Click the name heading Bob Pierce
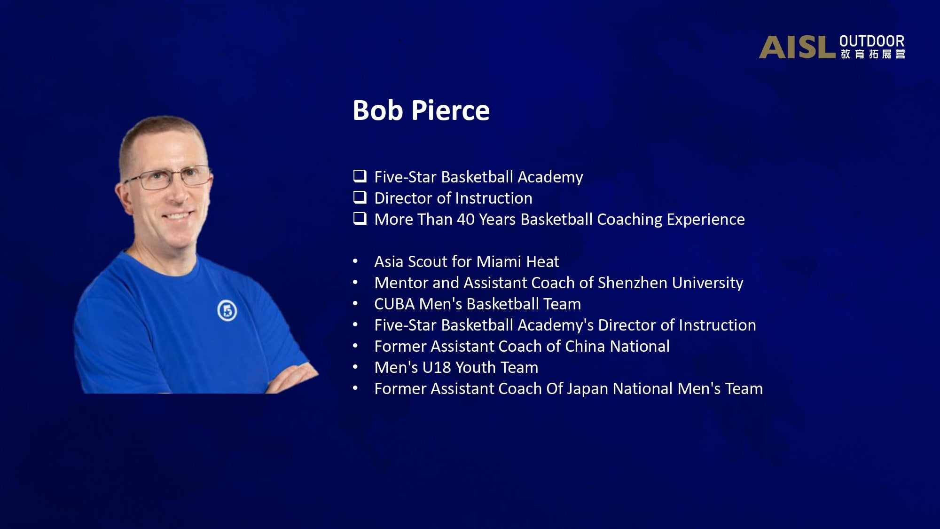[x=421, y=111]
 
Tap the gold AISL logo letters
[x=797, y=47]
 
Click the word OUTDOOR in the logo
[x=872, y=41]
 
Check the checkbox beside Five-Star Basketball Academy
[x=360, y=176]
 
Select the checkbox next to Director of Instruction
[x=360, y=197]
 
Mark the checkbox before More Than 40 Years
[x=360, y=219]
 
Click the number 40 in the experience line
[x=466, y=220]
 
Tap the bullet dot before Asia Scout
[x=356, y=261]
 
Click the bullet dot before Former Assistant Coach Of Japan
[x=356, y=388]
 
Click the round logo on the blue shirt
[x=227, y=311]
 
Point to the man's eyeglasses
[x=169, y=177]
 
